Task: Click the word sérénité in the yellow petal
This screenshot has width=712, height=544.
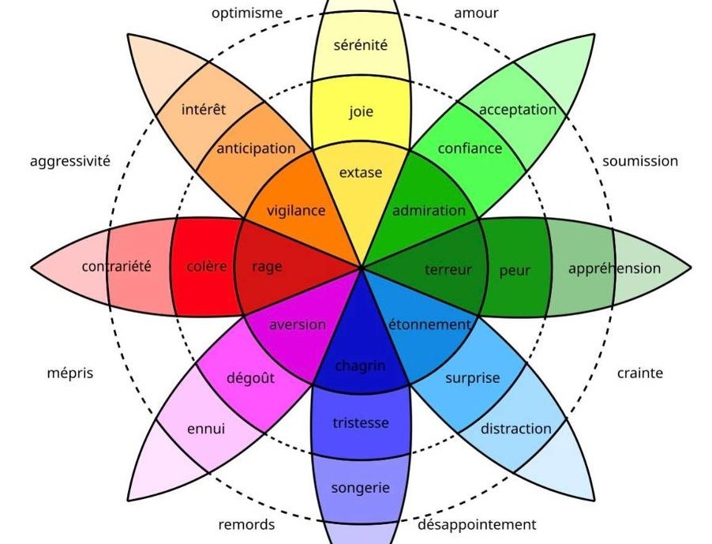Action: (x=361, y=46)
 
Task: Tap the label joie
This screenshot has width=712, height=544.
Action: (x=361, y=111)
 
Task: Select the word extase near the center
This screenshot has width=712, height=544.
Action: (x=361, y=172)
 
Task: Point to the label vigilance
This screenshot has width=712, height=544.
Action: (x=296, y=211)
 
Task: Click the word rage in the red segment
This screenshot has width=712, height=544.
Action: (x=267, y=267)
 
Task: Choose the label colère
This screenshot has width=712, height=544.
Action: (x=207, y=267)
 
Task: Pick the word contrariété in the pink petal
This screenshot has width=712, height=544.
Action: (x=116, y=267)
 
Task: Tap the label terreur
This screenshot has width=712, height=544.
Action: (x=448, y=270)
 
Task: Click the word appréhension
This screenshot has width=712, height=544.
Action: (x=614, y=268)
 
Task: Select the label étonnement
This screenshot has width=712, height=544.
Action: (x=429, y=325)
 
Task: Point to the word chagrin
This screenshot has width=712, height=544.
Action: (x=361, y=366)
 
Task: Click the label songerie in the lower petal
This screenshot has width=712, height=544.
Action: (x=361, y=488)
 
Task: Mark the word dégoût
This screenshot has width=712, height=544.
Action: (x=251, y=378)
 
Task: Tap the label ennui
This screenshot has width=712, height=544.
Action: (x=206, y=429)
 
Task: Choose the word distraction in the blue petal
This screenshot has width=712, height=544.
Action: (x=516, y=429)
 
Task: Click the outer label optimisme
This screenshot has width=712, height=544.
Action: (x=247, y=13)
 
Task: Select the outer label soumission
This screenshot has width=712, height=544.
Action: (x=640, y=161)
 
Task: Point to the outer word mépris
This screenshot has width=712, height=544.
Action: (x=69, y=373)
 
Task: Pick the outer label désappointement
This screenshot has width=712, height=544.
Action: (x=477, y=524)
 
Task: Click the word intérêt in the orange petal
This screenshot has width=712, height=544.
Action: (x=204, y=109)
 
